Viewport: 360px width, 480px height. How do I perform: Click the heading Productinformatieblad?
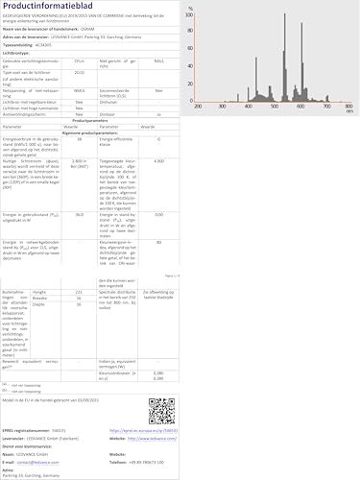48,7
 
